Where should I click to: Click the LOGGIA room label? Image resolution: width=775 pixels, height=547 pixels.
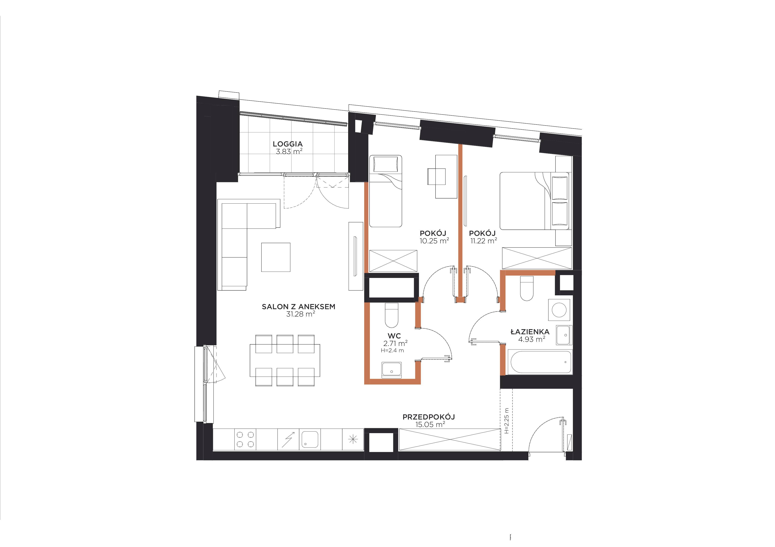[288, 144]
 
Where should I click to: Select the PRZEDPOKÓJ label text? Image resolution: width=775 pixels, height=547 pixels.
[429, 417]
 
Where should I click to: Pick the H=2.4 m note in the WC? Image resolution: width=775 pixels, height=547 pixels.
[392, 350]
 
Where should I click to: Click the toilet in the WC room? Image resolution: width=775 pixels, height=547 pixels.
[391, 315]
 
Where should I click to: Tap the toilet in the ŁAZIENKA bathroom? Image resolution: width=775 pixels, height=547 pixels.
[527, 288]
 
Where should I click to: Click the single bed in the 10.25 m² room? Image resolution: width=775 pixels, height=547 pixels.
[386, 191]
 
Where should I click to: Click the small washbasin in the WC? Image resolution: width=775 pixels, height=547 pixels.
[391, 370]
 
